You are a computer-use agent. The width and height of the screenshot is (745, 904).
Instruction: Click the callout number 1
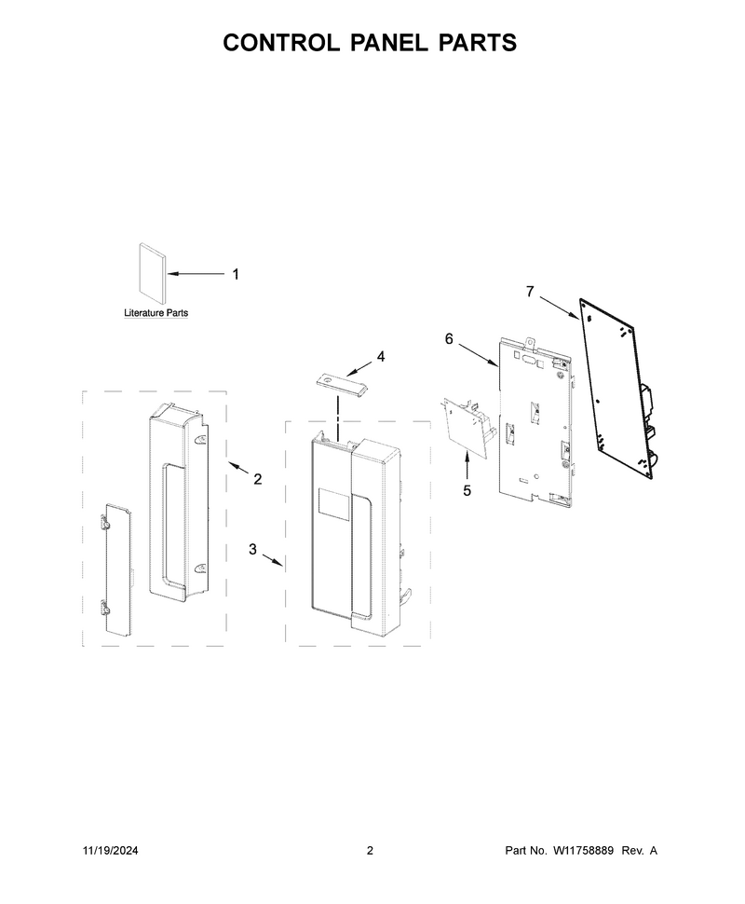(x=235, y=274)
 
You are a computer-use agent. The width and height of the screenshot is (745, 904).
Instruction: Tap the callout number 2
(x=258, y=479)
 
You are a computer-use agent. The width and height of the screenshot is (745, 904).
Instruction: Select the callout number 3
(x=252, y=550)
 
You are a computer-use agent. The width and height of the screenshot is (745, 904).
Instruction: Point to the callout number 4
(x=381, y=357)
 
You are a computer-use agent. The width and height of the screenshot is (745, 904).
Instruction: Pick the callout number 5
(x=467, y=490)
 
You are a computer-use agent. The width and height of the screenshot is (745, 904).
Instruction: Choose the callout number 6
(x=449, y=339)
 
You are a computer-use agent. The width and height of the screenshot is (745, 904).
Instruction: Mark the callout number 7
(x=530, y=293)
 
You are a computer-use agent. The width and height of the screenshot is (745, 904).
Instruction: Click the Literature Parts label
(x=156, y=313)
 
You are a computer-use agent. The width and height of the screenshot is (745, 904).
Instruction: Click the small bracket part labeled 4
(x=343, y=384)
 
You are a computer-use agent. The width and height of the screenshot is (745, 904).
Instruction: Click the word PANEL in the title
(x=388, y=43)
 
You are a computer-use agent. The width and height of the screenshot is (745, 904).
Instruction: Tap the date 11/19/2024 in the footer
(x=111, y=850)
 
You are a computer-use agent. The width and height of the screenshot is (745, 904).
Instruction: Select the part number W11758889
(x=583, y=850)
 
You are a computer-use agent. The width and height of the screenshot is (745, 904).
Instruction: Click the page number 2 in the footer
(x=370, y=850)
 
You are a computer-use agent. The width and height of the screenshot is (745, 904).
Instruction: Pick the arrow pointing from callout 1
(x=196, y=274)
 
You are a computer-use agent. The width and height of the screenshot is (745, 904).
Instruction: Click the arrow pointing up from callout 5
(x=467, y=467)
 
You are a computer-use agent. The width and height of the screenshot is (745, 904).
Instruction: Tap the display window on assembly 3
(x=334, y=502)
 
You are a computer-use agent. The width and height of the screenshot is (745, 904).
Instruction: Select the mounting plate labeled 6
(x=535, y=424)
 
